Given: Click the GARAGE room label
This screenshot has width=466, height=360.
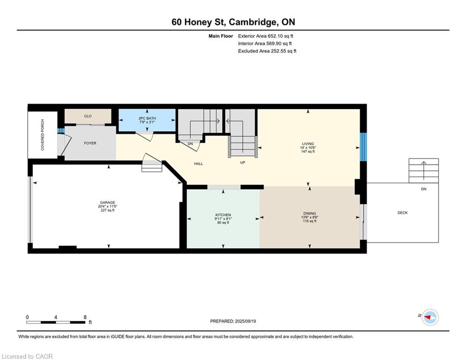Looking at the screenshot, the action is click(107, 202).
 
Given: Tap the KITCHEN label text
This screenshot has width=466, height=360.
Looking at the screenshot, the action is click(223, 215).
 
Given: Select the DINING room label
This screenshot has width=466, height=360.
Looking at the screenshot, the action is click(310, 213).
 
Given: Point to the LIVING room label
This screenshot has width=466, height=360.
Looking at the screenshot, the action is click(308, 144).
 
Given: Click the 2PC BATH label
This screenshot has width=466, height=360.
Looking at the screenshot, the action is click(147, 119).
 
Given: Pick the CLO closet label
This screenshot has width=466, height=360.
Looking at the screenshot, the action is click(88, 116).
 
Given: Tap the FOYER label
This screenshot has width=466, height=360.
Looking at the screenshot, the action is click(90, 143).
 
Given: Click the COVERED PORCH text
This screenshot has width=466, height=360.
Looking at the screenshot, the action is click(43, 135).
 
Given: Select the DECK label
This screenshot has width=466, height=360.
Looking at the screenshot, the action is click(403, 213).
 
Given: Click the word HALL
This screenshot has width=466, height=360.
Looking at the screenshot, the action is click(199, 164).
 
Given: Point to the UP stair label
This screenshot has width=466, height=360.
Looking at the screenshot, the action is click(243, 163).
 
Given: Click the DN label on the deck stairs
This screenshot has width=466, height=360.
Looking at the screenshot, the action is click(424, 189).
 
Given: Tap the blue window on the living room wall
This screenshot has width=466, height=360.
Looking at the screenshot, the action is click(363, 147).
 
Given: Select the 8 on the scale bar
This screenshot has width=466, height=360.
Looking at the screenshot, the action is click(85, 317).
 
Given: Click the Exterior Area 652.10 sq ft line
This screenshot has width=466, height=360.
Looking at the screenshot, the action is click(266, 36).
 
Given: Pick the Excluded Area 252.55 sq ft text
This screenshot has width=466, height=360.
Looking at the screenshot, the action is click(267, 51).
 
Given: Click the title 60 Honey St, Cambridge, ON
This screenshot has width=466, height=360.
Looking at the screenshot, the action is click(233, 22).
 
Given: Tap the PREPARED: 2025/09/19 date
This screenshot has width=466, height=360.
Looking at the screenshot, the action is click(233, 321).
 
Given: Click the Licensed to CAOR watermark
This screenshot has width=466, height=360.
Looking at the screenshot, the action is click(27, 356).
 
